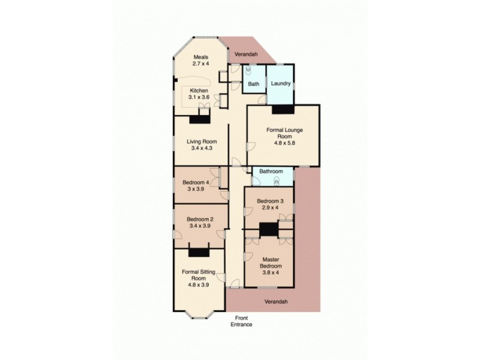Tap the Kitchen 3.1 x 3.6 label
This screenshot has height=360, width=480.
tap(199, 94)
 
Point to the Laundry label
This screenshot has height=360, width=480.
tap(280, 83)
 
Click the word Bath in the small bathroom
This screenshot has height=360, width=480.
tap(254, 84)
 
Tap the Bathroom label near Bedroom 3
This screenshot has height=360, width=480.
tap(271, 172)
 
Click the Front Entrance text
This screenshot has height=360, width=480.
tap(241, 321)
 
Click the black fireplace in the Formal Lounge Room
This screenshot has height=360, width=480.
tap(283, 109)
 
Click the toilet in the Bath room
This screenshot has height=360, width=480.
tap(247, 70)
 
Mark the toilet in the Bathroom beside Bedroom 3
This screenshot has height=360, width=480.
tap(278, 180)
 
